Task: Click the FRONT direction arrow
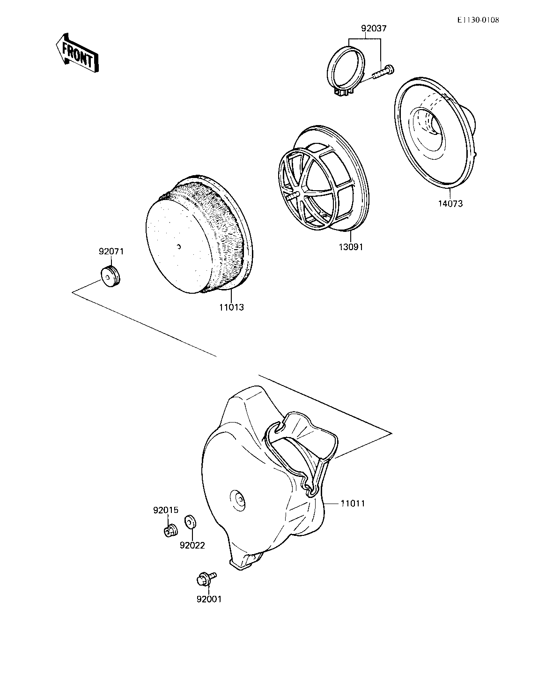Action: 76,52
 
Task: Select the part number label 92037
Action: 374,29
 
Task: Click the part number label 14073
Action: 450,204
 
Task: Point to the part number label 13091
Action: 351,247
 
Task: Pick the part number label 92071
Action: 111,251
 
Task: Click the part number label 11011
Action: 352,504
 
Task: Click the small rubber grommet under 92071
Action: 111,276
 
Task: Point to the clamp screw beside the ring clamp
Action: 383,72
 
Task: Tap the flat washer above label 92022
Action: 190,521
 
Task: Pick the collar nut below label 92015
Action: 170,530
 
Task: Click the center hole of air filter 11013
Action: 180,246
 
